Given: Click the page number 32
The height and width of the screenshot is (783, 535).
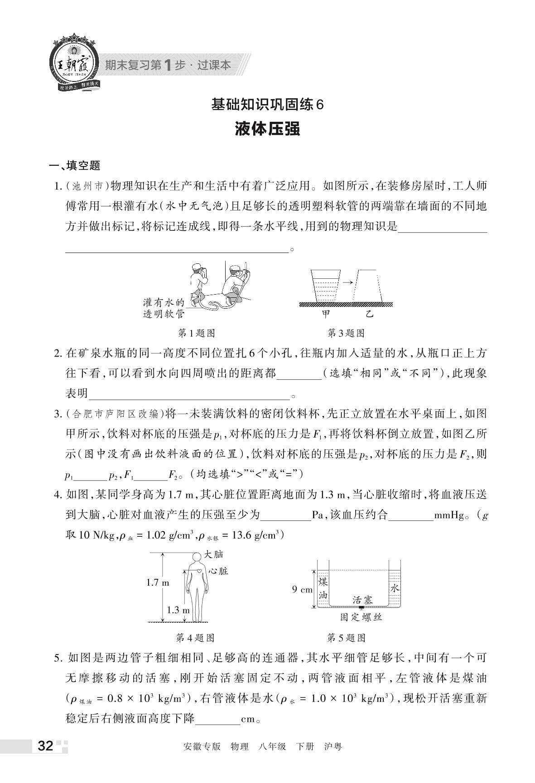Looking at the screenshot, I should pos(46,745).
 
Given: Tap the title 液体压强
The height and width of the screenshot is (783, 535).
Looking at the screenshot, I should pos(268,129).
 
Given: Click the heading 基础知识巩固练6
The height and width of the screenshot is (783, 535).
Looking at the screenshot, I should pos(268,105).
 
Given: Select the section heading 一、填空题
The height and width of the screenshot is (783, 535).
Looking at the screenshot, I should pos(74,166).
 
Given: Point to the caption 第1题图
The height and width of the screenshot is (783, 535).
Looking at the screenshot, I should pos(196,333).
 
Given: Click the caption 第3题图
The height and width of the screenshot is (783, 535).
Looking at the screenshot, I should pos(346,333).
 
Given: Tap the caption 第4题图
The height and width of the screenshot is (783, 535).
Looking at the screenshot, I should pos(195,638).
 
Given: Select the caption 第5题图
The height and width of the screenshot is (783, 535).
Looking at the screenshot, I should pos(346,638).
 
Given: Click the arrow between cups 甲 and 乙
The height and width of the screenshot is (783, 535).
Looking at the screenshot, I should pos(347,282).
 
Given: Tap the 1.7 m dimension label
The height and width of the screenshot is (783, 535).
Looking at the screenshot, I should pos(157,582).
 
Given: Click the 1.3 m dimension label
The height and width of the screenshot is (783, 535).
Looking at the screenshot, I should pos(178,610).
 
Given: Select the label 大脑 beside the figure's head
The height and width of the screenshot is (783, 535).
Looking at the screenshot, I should pos(214,554).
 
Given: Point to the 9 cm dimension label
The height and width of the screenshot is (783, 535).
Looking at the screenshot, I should pos(302,589).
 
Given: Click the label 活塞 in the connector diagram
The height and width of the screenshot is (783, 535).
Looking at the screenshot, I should pos(363,600).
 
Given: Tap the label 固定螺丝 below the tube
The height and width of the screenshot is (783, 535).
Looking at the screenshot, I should pos(361,617).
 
